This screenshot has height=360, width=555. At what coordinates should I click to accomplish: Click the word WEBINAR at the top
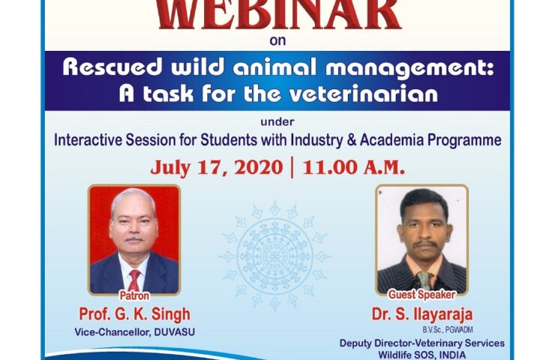[278, 15]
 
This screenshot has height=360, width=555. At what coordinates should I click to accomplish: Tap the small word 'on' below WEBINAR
[277, 40]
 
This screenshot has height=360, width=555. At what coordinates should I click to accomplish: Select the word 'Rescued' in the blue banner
[112, 67]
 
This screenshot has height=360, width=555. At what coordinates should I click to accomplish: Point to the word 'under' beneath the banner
[277, 122]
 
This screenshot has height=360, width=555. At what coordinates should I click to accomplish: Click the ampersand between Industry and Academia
[352, 140]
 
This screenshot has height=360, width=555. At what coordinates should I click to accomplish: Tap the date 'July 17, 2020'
[217, 168]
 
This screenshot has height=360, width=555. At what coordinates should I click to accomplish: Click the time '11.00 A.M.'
[353, 168]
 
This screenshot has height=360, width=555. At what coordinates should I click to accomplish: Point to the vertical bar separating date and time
[292, 169]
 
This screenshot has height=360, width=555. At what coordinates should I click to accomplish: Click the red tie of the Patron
[134, 280]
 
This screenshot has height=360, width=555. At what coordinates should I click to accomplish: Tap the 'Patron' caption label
[134, 295]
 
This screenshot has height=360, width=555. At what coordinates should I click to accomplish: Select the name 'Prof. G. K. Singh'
[134, 314]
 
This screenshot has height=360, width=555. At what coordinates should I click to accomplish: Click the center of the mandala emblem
[274, 256]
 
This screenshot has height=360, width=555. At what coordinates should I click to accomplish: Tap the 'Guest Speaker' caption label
[422, 295]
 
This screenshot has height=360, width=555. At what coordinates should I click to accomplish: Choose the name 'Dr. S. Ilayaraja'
[422, 314]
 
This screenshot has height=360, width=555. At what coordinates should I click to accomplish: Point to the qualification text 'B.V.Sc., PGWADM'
[448, 330]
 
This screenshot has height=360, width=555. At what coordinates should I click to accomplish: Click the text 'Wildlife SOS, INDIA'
[422, 355]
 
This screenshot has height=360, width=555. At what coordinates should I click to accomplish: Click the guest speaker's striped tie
[424, 280]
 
